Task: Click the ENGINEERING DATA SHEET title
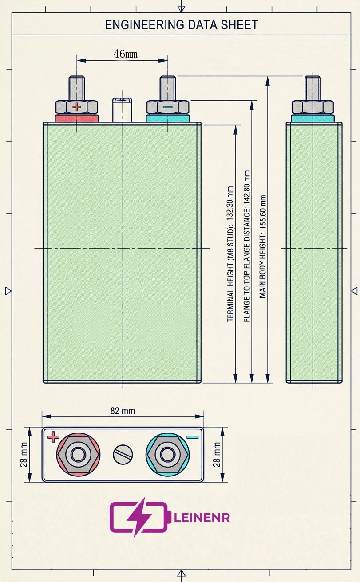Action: (181, 25)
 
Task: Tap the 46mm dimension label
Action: (125, 54)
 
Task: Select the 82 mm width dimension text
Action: (123, 411)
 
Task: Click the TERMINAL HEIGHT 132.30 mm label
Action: (230, 254)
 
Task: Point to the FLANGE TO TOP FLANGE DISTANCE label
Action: (247, 246)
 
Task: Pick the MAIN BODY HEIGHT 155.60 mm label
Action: (263, 246)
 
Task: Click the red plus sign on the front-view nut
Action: (77, 107)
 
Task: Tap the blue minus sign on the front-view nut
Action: (168, 107)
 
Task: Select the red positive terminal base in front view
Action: (76, 118)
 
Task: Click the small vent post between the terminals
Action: (123, 109)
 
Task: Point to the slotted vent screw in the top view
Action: (123, 455)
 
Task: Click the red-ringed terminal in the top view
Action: (79, 455)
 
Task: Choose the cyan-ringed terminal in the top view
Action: (167, 455)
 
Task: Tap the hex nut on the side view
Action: (313, 107)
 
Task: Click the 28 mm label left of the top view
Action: (24, 454)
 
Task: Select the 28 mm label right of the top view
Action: (217, 454)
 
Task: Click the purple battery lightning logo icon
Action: (138, 517)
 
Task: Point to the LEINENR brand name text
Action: (202, 517)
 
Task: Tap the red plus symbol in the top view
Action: (53, 437)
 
